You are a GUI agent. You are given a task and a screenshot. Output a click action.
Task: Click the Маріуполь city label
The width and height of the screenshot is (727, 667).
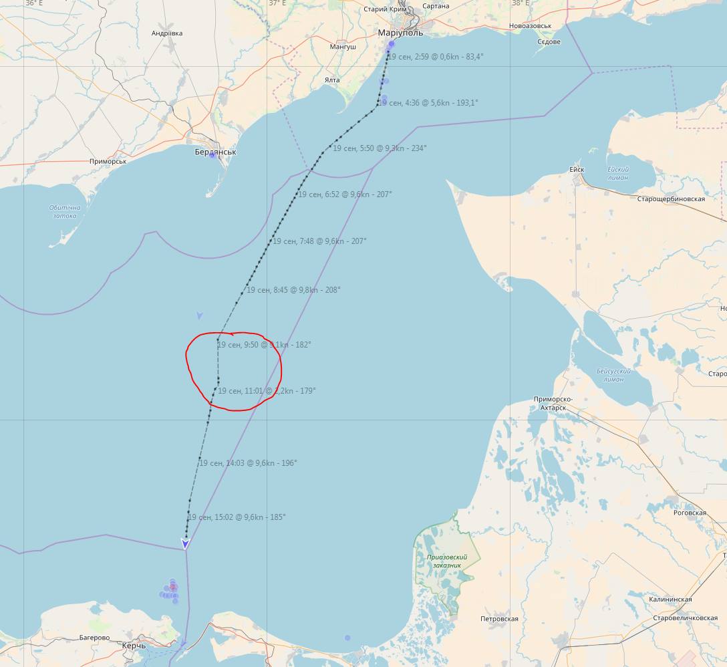[400, 32]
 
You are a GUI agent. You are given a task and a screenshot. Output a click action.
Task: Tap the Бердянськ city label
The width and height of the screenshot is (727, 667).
[215, 152]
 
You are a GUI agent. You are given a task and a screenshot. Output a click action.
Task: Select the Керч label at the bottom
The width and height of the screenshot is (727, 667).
[134, 646]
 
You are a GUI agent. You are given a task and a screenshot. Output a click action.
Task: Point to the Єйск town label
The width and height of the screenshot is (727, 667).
[577, 169]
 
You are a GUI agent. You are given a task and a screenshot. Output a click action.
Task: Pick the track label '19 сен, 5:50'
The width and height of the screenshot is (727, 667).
[380, 148]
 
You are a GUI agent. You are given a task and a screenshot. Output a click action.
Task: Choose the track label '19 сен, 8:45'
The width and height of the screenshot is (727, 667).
[293, 290]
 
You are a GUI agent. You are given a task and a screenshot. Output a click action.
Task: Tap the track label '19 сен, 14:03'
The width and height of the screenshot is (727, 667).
[248, 462]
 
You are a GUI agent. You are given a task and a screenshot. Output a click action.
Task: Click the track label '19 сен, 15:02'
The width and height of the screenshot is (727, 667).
[237, 517]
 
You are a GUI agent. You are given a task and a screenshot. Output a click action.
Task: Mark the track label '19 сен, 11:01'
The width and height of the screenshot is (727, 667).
[267, 391]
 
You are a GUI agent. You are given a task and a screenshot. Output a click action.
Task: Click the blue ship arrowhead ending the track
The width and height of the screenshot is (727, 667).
[185, 543]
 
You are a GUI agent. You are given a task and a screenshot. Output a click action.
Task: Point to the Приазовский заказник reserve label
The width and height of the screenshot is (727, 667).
[447, 561]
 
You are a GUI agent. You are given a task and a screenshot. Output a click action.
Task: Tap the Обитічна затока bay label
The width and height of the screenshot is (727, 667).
[65, 211]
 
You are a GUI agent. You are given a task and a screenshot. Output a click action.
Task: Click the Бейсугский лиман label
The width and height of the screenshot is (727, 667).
[613, 375]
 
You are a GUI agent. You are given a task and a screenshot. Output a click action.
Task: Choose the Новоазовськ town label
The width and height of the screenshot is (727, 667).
[530, 26]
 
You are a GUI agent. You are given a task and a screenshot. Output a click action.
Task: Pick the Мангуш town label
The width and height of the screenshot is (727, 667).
[343, 47]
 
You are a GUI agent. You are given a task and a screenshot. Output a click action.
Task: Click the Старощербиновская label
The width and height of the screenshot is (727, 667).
[671, 199]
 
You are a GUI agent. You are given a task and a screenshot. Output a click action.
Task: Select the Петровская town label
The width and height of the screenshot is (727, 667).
[499, 619]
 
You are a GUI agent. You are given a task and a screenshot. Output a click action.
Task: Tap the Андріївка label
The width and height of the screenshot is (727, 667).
[167, 33]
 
